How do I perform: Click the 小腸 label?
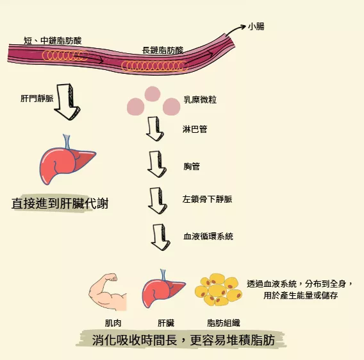256,26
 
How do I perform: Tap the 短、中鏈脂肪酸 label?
53,40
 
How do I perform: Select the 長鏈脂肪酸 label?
163,50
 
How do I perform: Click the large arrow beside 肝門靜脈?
67,102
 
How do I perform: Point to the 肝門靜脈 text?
37,98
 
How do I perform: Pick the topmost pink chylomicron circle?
153,94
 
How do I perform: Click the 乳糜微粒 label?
200,99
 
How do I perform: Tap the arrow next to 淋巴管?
155,129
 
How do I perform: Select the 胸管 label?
192,166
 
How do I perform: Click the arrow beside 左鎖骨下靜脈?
158,201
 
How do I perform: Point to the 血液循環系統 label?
208,236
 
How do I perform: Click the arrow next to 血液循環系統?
160,237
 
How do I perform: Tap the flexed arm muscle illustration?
107,292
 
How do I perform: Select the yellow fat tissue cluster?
219,289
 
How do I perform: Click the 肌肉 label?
113,323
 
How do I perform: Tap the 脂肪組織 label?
224,323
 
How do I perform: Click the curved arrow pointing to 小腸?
235,30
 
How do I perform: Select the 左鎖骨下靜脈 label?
207,199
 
